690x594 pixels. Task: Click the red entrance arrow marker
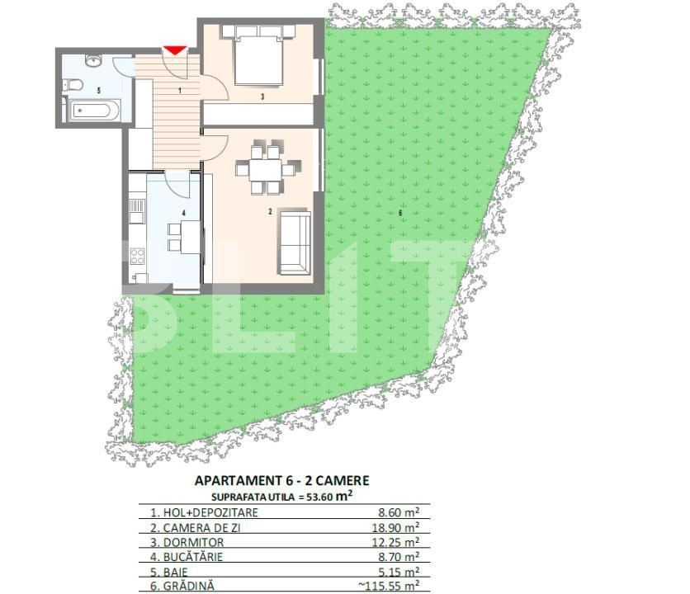pos(173,51)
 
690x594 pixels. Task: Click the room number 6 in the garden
pos(400,213)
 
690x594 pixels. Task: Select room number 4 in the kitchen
pos(183,213)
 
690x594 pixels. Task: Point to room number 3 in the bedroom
pos(261,97)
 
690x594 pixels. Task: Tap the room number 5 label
pos(98,89)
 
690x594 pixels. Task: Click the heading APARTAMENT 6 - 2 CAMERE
pos(281,480)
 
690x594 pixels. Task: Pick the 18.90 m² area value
pos(398,527)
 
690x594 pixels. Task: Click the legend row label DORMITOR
pos(187,542)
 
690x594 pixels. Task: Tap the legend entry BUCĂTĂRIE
pos(187,557)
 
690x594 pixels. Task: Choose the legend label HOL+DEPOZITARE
pos(199,512)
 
